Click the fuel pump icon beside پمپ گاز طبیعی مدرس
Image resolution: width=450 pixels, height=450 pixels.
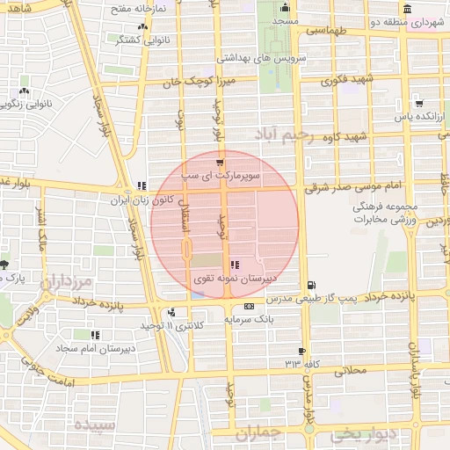click(x=312, y=285)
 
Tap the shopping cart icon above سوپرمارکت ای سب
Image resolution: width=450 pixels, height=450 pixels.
click(x=220, y=163)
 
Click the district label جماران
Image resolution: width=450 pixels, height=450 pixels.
click(x=262, y=432)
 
